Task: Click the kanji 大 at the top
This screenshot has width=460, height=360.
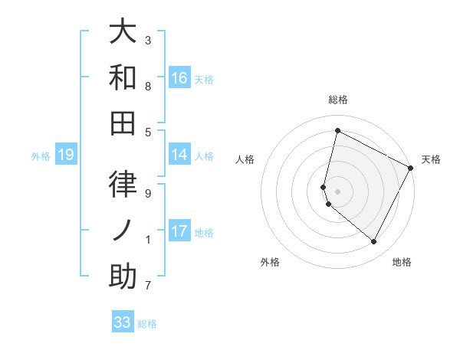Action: [123, 31]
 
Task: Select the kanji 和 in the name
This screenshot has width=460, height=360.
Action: [123, 77]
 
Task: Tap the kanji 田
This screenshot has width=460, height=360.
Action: [123, 123]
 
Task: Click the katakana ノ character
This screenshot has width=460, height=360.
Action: [123, 231]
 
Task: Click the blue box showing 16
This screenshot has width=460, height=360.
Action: [179, 78]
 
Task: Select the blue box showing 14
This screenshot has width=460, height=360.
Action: [179, 155]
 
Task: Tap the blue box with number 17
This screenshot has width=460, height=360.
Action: [179, 231]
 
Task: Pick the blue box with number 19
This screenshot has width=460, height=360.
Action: [66, 155]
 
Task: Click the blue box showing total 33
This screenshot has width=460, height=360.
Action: [123, 322]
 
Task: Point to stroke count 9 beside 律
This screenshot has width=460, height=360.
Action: [148, 194]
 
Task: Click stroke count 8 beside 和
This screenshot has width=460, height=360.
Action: [148, 86]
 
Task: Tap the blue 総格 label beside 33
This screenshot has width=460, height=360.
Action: [147, 324]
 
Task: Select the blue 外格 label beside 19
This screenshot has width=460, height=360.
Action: [41, 156]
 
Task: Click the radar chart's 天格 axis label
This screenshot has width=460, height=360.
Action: [431, 159]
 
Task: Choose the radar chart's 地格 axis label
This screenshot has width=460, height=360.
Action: [402, 262]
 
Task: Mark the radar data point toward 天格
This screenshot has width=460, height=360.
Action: [411, 168]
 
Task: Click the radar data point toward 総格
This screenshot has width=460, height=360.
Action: [337, 130]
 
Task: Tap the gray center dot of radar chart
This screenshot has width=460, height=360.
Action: [337, 191]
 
